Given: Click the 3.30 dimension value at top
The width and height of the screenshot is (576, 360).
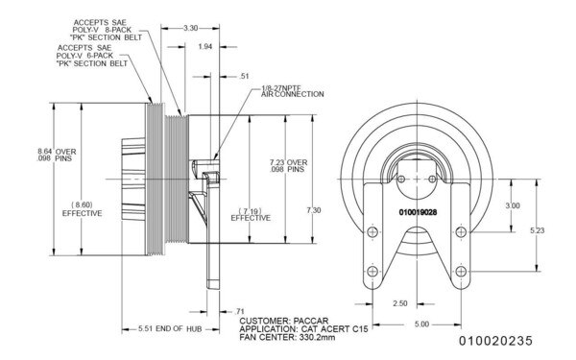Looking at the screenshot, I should (x=191, y=30).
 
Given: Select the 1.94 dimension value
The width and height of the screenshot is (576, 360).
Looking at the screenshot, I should (x=204, y=46).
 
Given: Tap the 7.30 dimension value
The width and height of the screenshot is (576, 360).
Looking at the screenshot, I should (x=313, y=209).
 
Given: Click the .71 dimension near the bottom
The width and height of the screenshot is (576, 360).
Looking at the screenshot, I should (x=239, y=311).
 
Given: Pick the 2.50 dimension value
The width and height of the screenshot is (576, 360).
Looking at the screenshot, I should (x=401, y=302).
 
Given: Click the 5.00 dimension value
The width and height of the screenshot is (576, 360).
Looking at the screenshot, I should (x=420, y=324).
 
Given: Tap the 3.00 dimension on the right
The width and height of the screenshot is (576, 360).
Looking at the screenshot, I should (x=514, y=205).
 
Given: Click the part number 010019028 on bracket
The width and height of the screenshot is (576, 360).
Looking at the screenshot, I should (x=418, y=209).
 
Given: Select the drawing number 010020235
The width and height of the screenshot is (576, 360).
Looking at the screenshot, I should (x=492, y=341).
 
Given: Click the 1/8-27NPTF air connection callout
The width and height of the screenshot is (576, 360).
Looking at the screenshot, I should (x=292, y=92).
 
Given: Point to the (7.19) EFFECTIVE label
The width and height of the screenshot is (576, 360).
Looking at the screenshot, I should (x=251, y=213).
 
